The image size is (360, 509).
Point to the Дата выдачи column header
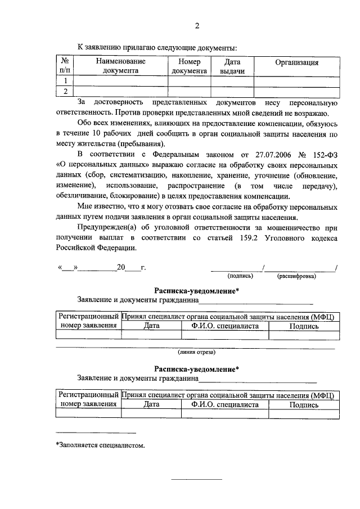click(232, 66)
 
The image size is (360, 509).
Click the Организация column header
click(296, 62)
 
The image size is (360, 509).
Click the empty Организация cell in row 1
click(296, 81)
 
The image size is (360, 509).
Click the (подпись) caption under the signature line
click(240, 276)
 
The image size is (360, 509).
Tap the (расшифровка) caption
click(296, 276)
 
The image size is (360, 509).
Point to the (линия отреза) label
click(196, 353)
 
